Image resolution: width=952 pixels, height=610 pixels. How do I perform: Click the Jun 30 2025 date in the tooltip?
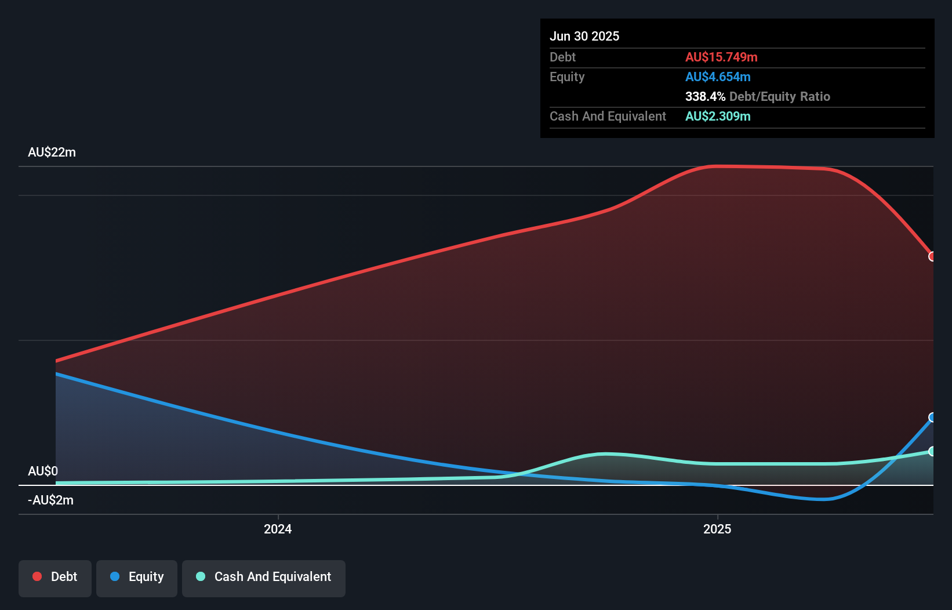(x=584, y=36)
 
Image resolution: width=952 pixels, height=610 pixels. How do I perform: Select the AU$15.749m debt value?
(x=721, y=57)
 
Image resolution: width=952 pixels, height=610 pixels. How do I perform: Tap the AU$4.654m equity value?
(x=717, y=77)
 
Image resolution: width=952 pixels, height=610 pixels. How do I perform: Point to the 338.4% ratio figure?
(x=704, y=96)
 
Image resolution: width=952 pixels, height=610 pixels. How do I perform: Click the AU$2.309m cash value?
(x=717, y=116)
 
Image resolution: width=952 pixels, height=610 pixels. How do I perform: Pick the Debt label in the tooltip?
(x=562, y=57)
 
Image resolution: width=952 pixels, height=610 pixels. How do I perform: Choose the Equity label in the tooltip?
(x=566, y=77)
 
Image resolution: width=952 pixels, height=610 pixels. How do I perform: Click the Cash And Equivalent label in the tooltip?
(x=608, y=116)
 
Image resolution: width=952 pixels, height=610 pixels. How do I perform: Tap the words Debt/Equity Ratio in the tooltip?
(x=779, y=96)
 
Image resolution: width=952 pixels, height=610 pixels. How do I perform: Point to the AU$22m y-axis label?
(x=52, y=152)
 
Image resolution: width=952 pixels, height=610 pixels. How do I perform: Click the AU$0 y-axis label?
(x=43, y=471)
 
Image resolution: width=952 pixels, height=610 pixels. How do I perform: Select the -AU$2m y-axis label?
(x=50, y=500)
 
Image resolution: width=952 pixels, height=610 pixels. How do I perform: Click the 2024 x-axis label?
(x=278, y=529)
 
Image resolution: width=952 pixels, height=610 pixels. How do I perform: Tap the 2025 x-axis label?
(x=717, y=529)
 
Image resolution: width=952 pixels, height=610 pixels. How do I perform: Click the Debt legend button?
(x=55, y=577)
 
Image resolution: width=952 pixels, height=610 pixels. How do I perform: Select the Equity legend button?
(x=137, y=577)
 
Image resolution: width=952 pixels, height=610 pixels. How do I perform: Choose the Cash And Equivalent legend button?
(x=264, y=577)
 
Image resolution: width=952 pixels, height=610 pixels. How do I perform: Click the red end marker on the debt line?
(x=932, y=256)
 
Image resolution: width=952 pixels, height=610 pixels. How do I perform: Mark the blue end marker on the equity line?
(x=932, y=417)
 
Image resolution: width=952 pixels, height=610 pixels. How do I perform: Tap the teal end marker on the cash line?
(x=932, y=451)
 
